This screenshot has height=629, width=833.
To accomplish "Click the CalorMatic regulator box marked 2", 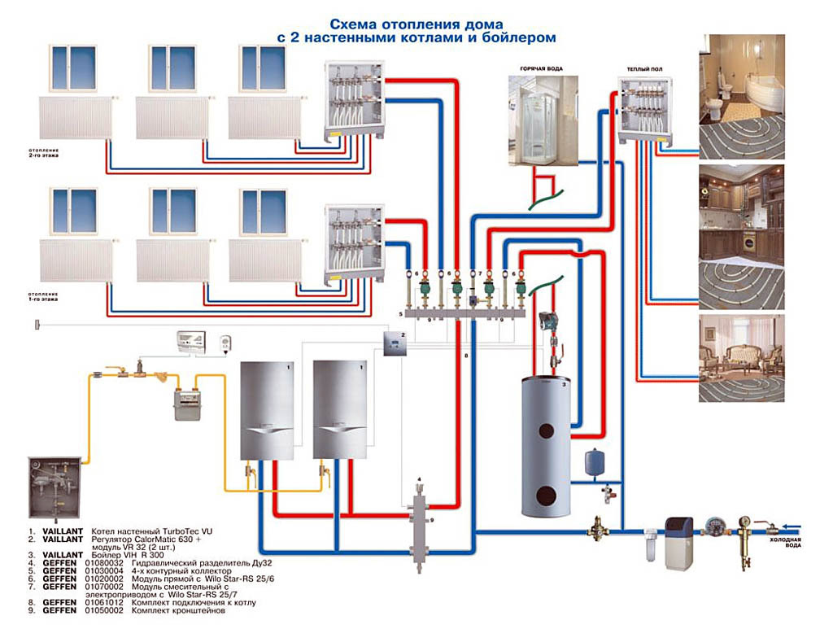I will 393,345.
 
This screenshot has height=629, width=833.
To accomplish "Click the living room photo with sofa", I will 741,358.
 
